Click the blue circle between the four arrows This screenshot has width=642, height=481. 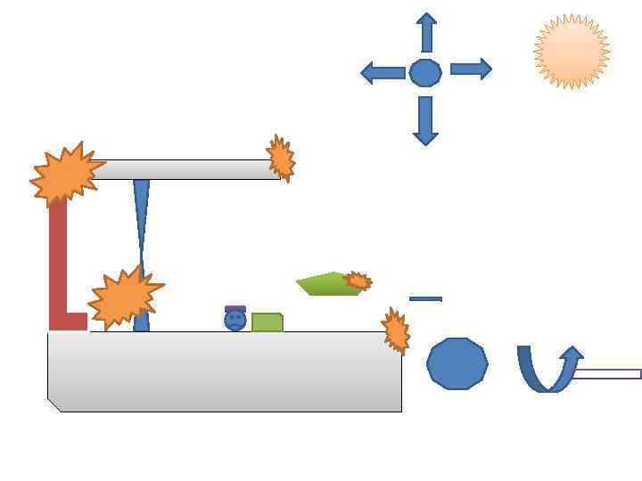pyautogui.click(x=425, y=72)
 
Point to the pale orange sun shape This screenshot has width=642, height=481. pyautogui.click(x=572, y=52)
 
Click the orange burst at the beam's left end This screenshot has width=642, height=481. pyautogui.click(x=65, y=174)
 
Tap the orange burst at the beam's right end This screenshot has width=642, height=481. pyautogui.click(x=281, y=159)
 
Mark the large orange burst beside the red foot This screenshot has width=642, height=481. pyautogui.click(x=125, y=297)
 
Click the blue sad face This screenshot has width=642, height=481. pyautogui.click(x=235, y=321)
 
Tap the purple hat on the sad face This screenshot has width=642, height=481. pyautogui.click(x=235, y=308)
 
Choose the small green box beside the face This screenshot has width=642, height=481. pyautogui.click(x=267, y=322)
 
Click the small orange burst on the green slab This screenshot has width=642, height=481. pyautogui.click(x=358, y=281)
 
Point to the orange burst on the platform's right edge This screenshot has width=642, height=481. pyautogui.click(x=395, y=330)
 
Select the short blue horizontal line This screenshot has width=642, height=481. pyautogui.click(x=425, y=298)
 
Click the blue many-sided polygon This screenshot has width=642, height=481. pyautogui.click(x=457, y=363)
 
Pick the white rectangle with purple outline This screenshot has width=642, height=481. pyautogui.click(x=606, y=374)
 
